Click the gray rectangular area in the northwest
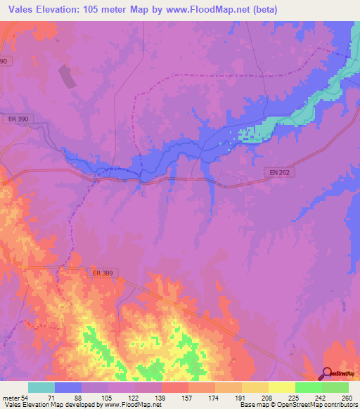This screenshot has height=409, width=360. pos(68,77)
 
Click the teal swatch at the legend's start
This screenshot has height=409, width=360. pos(41,387)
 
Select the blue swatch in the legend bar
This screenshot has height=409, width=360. pos(68,387)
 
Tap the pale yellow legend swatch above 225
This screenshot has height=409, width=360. pos(281,387)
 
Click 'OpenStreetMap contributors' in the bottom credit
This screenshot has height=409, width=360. pos(314,405)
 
